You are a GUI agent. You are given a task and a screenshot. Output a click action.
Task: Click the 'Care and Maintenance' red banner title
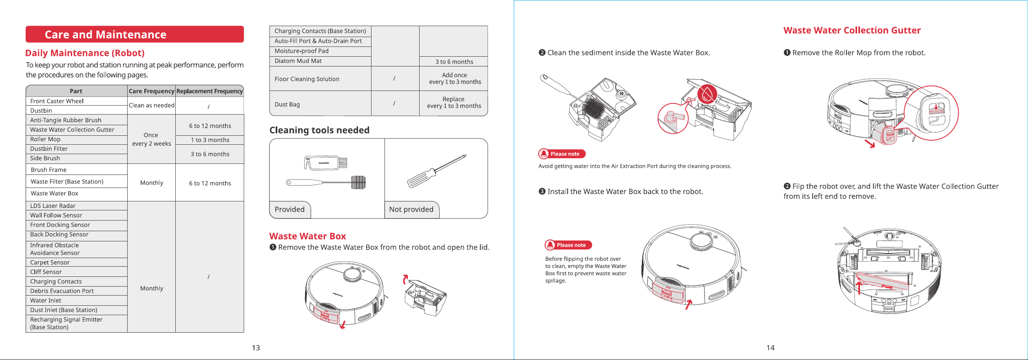click(x=106, y=35)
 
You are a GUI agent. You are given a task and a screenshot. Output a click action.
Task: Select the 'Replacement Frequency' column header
click(x=210, y=91)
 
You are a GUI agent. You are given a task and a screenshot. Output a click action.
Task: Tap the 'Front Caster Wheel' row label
click(x=57, y=101)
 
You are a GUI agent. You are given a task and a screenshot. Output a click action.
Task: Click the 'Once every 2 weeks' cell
click(x=151, y=139)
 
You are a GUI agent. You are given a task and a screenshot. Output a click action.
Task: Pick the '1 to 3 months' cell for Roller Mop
click(x=210, y=140)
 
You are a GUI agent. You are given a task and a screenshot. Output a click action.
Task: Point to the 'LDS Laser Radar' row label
click(x=53, y=206)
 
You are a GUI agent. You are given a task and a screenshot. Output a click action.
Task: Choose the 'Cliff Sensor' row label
click(x=46, y=272)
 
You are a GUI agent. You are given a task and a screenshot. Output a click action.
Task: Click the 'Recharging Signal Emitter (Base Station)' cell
click(x=66, y=323)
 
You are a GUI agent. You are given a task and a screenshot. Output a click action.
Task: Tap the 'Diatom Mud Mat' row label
click(x=298, y=61)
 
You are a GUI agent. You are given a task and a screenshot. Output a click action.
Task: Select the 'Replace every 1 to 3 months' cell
click(x=454, y=102)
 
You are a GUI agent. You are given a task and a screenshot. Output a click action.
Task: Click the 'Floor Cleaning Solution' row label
click(x=307, y=79)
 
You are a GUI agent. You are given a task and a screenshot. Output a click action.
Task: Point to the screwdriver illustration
click(x=437, y=171)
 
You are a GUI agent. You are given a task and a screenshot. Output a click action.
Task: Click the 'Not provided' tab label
click(x=411, y=210)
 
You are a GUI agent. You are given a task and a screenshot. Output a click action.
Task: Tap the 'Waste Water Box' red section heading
click(x=307, y=236)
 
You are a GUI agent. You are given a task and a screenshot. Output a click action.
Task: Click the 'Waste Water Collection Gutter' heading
click(x=852, y=31)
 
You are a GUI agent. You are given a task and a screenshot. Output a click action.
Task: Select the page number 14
click(x=770, y=348)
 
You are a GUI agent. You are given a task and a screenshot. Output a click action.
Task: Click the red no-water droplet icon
click(x=707, y=94)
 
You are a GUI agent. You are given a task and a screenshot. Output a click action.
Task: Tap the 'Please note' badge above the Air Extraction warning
click(x=562, y=154)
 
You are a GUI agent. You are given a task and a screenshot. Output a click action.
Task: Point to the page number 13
click(x=256, y=348)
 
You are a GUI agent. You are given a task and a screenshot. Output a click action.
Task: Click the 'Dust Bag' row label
click(x=287, y=104)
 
